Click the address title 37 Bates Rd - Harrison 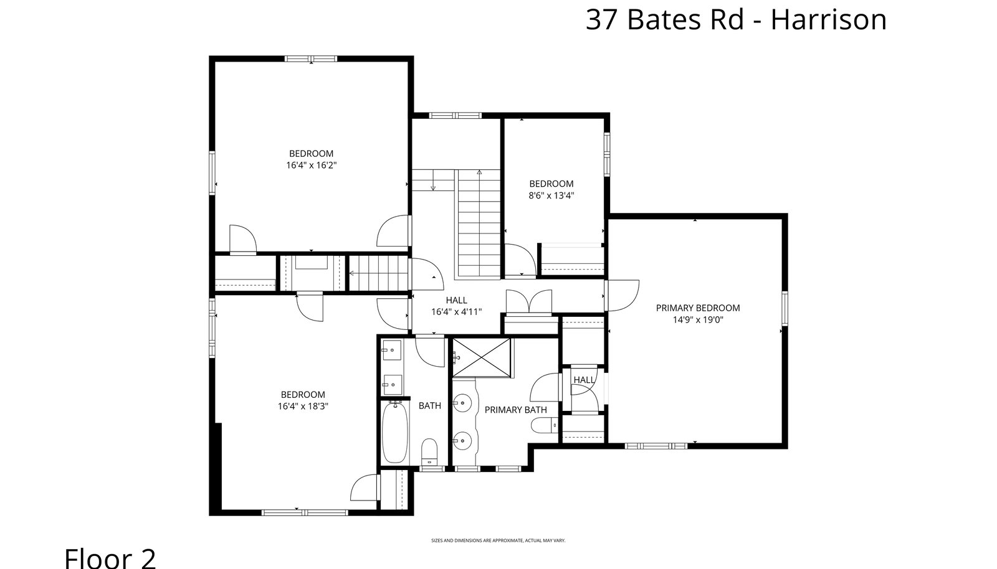coord(736,19)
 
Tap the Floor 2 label coord(110,558)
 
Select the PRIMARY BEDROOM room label coord(698,308)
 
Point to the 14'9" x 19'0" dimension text coord(698,319)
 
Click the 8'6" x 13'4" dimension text coord(551,195)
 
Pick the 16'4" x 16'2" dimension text coord(311,166)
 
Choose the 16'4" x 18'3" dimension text coord(303,406)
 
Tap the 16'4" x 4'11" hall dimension coord(457,312)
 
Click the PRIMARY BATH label coord(515,410)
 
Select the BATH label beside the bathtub coord(430,405)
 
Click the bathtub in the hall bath coord(394,432)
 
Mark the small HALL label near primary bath coord(584,380)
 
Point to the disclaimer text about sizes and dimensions coord(498,540)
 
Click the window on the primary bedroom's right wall coord(785,308)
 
